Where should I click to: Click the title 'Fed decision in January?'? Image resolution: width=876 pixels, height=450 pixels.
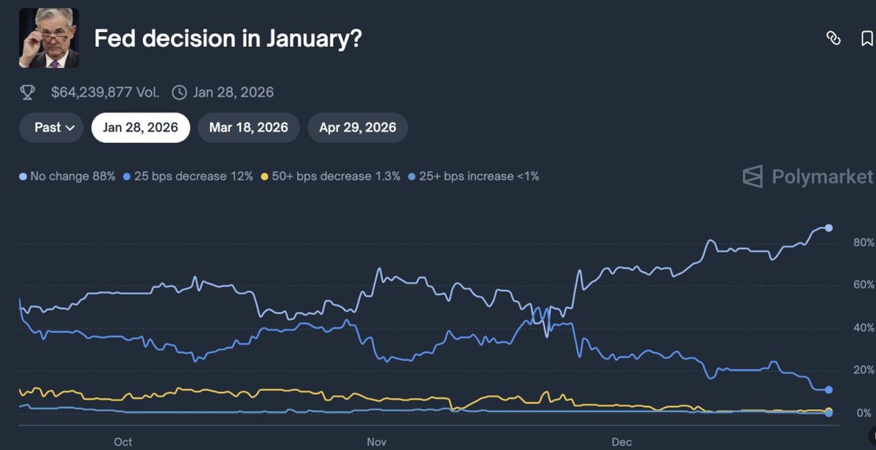(x=228, y=39)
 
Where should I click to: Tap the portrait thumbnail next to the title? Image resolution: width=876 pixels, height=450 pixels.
(x=48, y=38)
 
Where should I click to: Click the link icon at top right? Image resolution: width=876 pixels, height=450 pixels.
(x=833, y=39)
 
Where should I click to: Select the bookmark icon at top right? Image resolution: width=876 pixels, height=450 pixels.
(x=867, y=39)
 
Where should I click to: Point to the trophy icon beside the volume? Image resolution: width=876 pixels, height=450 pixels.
(x=27, y=92)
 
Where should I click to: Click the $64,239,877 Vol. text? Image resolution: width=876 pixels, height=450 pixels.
(x=105, y=92)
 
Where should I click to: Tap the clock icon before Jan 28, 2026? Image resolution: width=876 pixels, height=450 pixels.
(x=179, y=92)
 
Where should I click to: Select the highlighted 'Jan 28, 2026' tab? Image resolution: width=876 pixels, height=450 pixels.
(x=140, y=127)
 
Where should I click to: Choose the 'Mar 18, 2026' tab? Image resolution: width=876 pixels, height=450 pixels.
(x=248, y=127)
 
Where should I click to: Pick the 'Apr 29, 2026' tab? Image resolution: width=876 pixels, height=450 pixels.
(x=358, y=127)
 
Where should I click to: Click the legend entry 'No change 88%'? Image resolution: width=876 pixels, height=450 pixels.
(x=67, y=176)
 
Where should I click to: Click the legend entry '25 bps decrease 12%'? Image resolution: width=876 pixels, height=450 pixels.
(x=189, y=176)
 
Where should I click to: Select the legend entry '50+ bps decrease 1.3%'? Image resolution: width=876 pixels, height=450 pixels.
(x=331, y=176)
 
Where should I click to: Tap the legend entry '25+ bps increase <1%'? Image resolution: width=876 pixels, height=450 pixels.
(x=474, y=176)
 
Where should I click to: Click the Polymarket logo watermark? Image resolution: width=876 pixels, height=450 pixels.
(x=807, y=177)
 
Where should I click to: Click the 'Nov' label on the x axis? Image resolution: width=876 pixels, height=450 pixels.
(x=376, y=442)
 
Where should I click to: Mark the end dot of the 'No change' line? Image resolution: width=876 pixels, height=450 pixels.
(x=829, y=228)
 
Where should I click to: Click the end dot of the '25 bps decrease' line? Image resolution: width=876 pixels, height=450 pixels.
(x=829, y=390)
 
